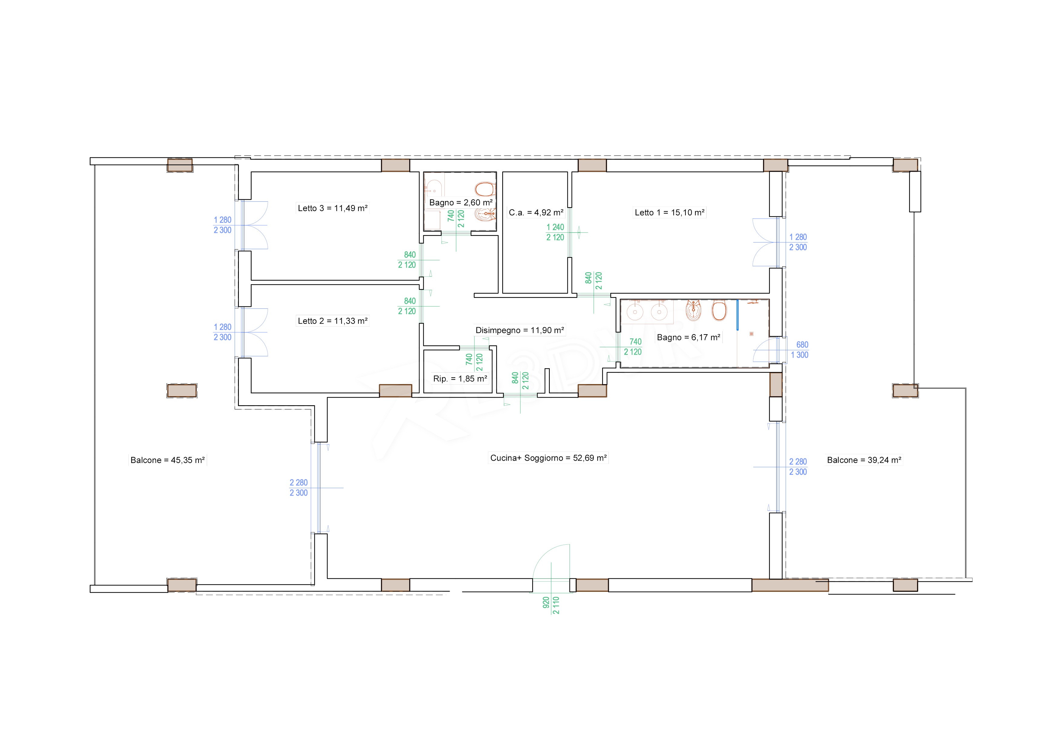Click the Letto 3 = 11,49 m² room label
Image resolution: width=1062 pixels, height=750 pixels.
(x=333, y=208)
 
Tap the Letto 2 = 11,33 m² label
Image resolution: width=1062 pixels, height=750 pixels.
(x=333, y=321)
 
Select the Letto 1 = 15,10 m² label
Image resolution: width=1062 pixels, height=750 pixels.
(x=670, y=213)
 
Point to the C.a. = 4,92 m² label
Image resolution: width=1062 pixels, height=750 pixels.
(x=536, y=213)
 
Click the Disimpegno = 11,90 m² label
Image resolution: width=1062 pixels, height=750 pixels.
(x=520, y=331)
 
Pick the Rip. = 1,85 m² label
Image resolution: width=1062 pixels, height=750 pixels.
(x=460, y=379)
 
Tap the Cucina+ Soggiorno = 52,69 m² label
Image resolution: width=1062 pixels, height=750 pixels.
(x=549, y=458)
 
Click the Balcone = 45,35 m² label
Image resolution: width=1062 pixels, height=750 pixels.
(x=167, y=460)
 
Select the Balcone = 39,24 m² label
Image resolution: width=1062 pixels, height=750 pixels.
(x=864, y=460)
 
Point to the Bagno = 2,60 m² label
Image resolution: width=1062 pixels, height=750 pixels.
(x=461, y=203)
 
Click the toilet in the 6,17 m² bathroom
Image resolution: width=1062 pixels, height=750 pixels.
(x=719, y=311)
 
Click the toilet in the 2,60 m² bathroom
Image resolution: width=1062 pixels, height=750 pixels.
(x=485, y=189)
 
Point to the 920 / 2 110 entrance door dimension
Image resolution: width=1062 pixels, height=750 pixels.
(x=551, y=605)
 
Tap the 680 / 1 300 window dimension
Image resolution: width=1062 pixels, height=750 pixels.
(x=800, y=350)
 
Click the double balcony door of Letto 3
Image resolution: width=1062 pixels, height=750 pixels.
(x=254, y=225)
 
